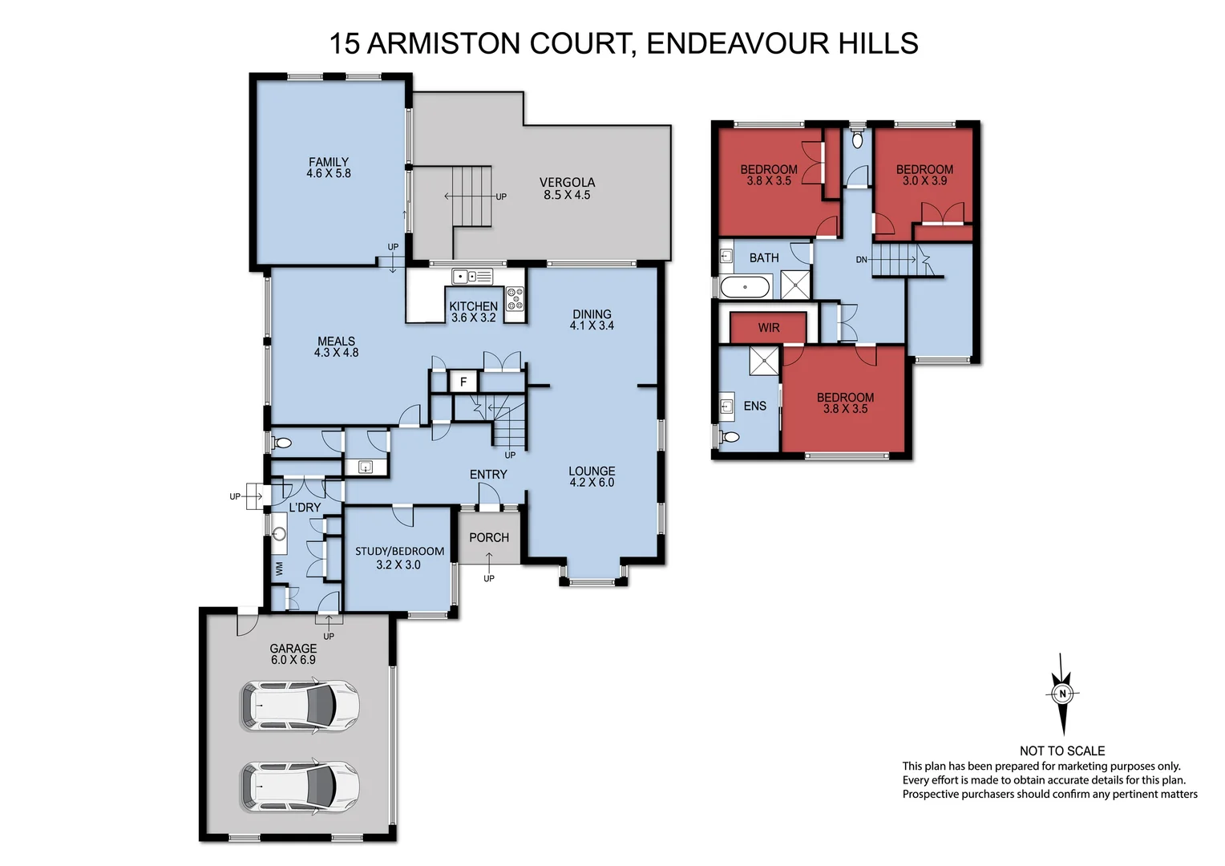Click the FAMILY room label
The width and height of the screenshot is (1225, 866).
(329, 168)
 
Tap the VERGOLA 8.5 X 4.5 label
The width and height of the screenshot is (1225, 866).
(567, 188)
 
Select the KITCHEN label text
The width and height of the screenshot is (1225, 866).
(473, 306)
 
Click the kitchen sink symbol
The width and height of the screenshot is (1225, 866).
(472, 277)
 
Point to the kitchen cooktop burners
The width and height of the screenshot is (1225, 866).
(515, 297)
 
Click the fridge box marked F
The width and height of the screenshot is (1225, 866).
(463, 382)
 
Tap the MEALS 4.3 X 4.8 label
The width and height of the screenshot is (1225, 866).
(336, 346)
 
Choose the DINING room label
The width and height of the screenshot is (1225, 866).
(592, 320)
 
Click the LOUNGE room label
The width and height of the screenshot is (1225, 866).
(592, 476)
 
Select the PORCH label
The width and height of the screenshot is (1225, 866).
(489, 537)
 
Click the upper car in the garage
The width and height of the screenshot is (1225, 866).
(300, 706)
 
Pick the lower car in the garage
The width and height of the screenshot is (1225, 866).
(300, 787)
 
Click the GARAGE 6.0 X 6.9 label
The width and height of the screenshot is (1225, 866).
(293, 654)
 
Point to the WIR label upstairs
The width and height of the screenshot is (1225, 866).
(769, 327)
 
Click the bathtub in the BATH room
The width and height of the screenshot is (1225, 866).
(746, 286)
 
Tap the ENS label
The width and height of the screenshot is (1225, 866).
(754, 406)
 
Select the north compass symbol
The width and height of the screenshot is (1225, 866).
(1062, 694)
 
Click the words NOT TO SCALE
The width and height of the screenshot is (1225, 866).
(1062, 751)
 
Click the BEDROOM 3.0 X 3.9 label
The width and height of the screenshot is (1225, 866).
(924, 175)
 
